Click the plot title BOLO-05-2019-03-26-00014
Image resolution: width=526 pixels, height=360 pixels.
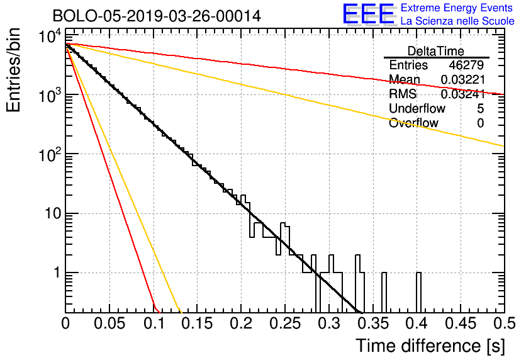point(157,16)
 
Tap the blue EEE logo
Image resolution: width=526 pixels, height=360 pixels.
point(368,14)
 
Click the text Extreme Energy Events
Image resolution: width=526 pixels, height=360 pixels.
point(457,8)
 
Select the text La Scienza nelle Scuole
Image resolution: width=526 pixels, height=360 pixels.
point(457,21)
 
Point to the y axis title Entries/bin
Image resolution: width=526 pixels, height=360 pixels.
point(13,70)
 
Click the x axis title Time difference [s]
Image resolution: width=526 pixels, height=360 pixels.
point(430,346)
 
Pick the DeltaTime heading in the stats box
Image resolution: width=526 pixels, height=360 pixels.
point(436,51)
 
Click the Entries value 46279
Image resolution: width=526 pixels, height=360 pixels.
point(466,65)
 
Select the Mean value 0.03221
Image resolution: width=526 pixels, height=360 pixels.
point(463,79)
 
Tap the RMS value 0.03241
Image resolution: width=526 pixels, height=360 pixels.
point(463,94)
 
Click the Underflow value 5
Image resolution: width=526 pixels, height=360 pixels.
point(480,108)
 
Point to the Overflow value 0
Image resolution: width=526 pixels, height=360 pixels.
point(480,123)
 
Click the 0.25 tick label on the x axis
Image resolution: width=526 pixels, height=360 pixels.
point(285,323)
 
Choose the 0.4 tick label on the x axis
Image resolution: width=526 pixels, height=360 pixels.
point(417,323)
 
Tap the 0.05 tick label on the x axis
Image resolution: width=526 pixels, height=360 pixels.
point(109,323)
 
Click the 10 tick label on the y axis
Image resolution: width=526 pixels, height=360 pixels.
point(53,213)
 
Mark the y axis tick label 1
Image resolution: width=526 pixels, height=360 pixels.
point(57,273)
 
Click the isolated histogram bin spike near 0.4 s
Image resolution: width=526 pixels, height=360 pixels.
point(418,292)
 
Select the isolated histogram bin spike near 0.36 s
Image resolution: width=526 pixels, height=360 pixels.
point(384,292)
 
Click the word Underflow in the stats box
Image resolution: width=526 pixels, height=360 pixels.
point(417,108)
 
